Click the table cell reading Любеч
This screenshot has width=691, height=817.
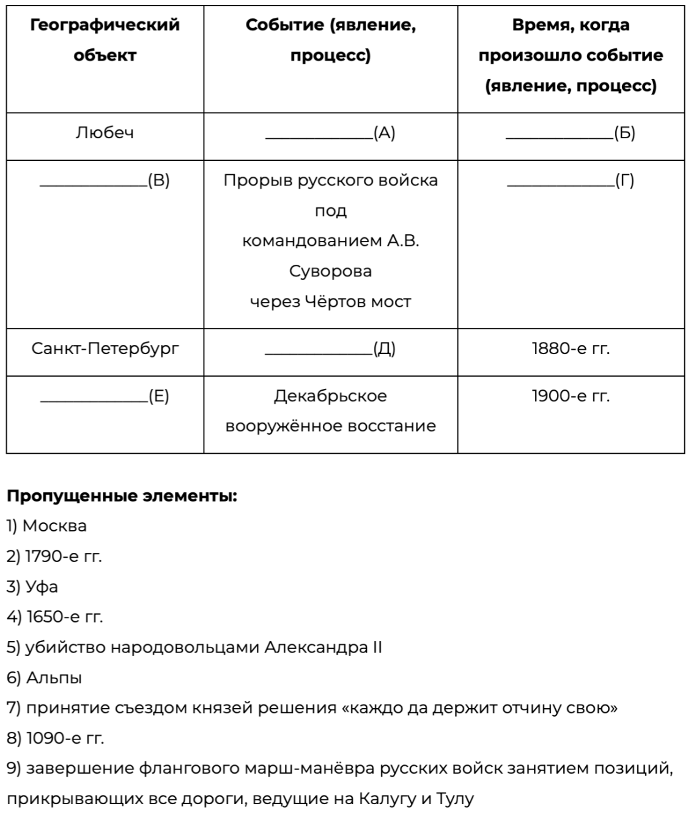[105, 133]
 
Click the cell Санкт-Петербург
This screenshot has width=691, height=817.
[105, 349]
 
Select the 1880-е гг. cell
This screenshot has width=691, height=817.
[571, 349]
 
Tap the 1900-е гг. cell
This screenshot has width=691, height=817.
[571, 396]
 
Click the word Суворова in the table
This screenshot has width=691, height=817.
[330, 271]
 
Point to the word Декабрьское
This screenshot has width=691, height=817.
[330, 396]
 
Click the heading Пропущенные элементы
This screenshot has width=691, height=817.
[122, 496]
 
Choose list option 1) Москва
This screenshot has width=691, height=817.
[47, 526]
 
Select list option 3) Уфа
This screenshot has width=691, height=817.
[33, 587]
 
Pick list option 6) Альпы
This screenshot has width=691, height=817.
[45, 678]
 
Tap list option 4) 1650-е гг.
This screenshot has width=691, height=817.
[55, 617]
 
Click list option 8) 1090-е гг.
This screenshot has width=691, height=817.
[56, 738]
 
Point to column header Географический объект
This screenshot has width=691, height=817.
[105, 40]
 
